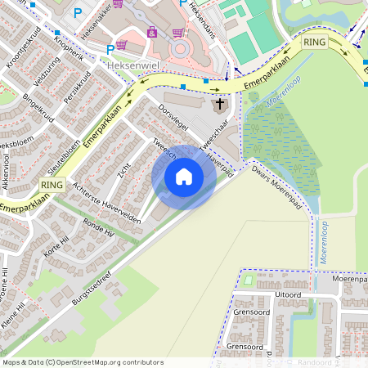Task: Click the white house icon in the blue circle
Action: coord(184,177)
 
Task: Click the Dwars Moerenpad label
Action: coord(272,177)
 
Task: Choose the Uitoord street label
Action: coord(288,294)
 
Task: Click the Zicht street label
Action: coord(124,169)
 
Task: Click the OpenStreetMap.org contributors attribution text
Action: coord(110,362)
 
